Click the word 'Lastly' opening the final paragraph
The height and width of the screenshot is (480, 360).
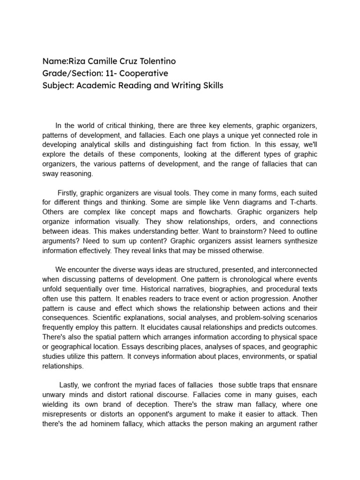pos(69,385)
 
